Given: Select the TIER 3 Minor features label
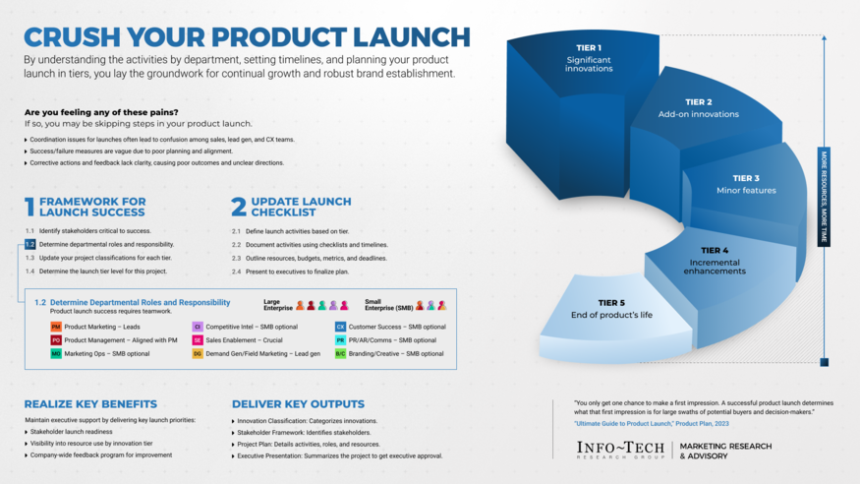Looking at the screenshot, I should tap(745, 184).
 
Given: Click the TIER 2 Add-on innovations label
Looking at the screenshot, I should tap(698, 108).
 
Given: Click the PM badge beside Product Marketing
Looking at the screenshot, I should tap(56, 327).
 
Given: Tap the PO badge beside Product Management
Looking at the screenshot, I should tap(56, 340).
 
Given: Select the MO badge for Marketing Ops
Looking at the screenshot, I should tap(56, 353).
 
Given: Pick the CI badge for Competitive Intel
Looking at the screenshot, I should tap(198, 327).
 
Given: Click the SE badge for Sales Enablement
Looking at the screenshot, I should tap(198, 340).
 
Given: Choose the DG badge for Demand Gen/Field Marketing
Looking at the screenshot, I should tap(198, 353).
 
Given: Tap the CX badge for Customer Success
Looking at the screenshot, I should tap(340, 327).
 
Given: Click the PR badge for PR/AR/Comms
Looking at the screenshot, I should tap(340, 340).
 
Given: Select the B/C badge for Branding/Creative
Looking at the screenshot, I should tap(340, 353).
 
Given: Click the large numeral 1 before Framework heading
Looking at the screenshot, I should tap(29, 207).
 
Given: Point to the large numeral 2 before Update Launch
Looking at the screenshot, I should tap(238, 207).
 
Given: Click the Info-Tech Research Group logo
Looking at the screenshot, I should tap(621, 450).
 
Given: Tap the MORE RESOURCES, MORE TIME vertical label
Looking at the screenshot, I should tap(824, 197).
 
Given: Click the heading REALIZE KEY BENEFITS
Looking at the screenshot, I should tap(90, 404).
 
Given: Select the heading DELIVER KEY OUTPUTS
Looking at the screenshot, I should tap(298, 404).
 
